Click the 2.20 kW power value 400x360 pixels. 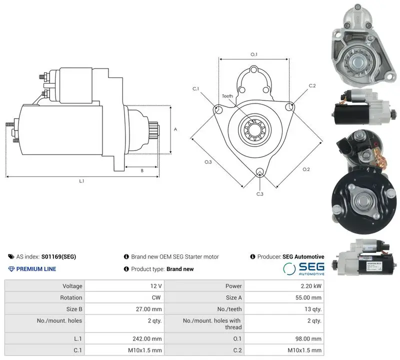(x=311, y=286)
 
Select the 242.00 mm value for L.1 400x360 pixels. (x=147, y=339)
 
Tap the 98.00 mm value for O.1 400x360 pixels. (x=308, y=339)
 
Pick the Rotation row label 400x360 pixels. (x=71, y=297)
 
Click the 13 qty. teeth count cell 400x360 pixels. (x=313, y=309)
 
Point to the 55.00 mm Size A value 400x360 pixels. (x=308, y=297)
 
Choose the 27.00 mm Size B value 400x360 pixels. (x=148, y=309)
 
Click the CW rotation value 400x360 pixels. (x=156, y=297)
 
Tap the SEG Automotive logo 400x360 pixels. (x=303, y=269)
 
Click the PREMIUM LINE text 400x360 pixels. (x=32, y=269)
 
